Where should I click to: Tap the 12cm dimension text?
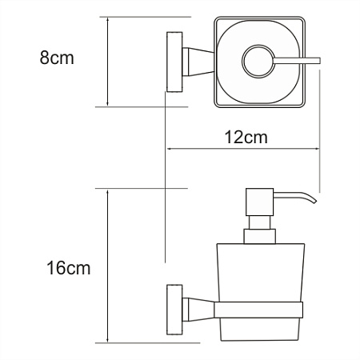(243, 137)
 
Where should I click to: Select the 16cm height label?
(68, 266)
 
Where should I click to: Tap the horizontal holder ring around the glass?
(256, 309)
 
